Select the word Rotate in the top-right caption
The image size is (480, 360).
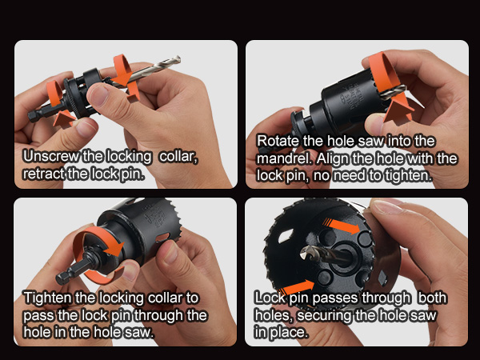pyautogui.click(x=276, y=142)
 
